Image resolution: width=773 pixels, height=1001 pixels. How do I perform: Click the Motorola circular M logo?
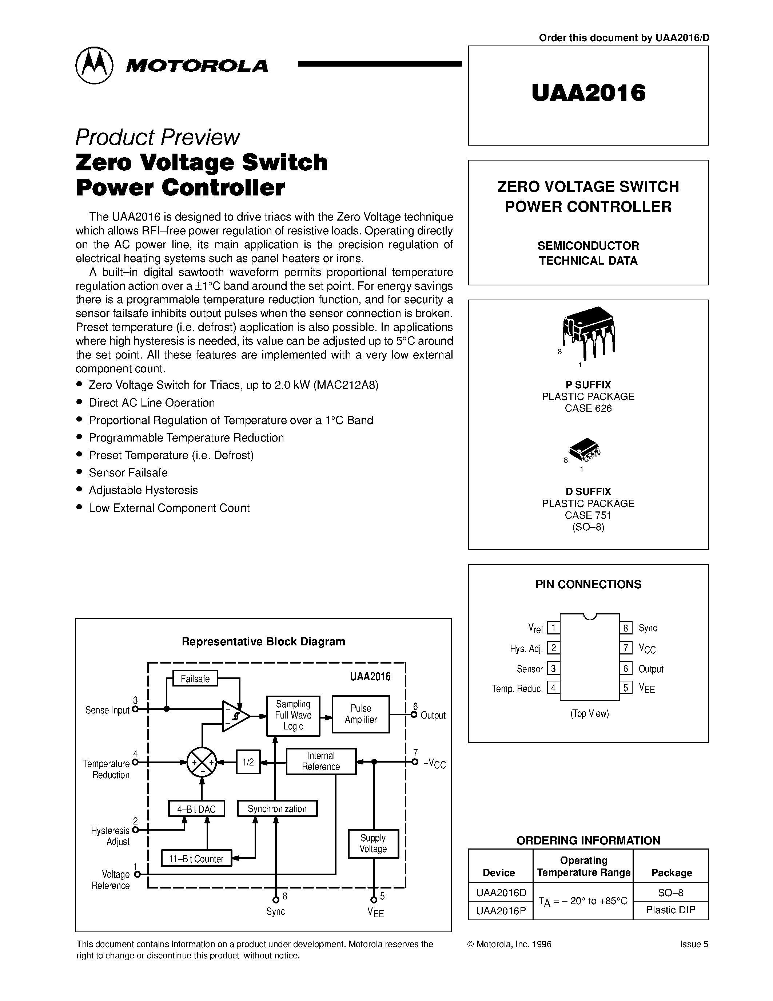pos(94,65)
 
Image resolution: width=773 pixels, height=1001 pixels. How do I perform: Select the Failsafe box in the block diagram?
pos(195,679)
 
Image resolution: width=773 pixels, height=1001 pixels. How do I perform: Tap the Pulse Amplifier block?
pos(361,714)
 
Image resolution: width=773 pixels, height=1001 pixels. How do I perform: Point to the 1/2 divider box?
pos(248,762)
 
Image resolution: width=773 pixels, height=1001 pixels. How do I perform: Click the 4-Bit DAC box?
pos(196,809)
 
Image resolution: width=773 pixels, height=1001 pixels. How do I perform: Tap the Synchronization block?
pos(277,809)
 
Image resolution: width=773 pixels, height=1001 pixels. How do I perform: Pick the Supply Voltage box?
pos(373,843)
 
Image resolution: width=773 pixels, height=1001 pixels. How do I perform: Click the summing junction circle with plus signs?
pos(202,762)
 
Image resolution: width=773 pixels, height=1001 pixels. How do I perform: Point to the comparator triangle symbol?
pos(235,716)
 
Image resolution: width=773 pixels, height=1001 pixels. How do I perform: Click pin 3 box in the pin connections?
pos(553,669)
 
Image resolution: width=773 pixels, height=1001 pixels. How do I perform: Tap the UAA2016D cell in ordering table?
pos(501,893)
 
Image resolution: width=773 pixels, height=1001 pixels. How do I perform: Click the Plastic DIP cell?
pos(670,910)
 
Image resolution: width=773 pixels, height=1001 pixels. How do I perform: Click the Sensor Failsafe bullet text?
pos(128,472)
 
